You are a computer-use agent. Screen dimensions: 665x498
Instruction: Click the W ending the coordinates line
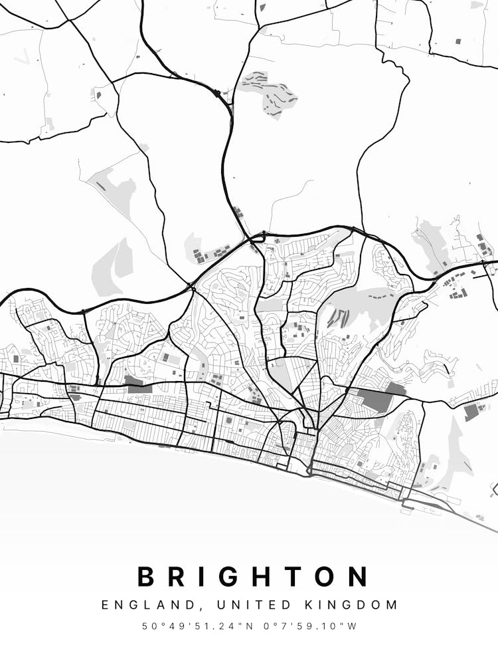pyautogui.click(x=353, y=626)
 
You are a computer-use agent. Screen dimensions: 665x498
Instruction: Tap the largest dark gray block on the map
pyautogui.click(x=375, y=400)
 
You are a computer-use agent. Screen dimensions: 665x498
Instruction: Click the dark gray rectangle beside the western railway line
pyautogui.click(x=137, y=384)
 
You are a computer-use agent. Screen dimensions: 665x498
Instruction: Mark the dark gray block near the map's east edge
pyautogui.click(x=471, y=412)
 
